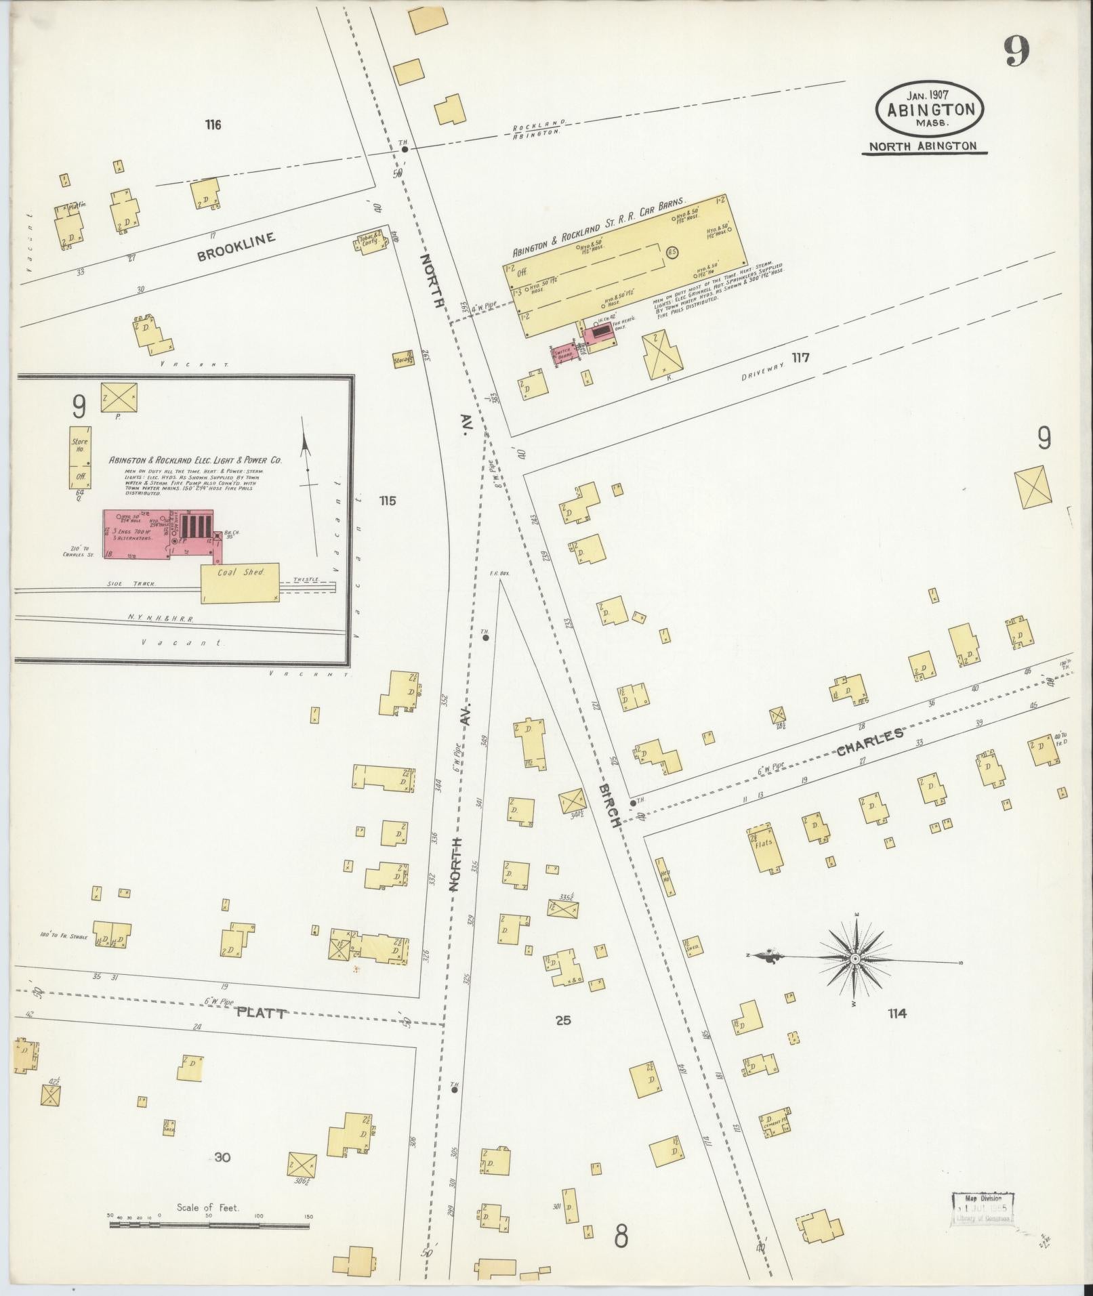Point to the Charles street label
pyautogui.click(x=869, y=742)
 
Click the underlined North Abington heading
pyautogui.click(x=923, y=146)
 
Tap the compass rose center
pyautogui.click(x=855, y=959)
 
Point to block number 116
pyautogui.click(x=213, y=125)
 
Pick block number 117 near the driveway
pyautogui.click(x=801, y=358)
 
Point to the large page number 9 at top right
pyautogui.click(x=1016, y=51)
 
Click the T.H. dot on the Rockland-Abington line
pyautogui.click(x=405, y=149)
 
